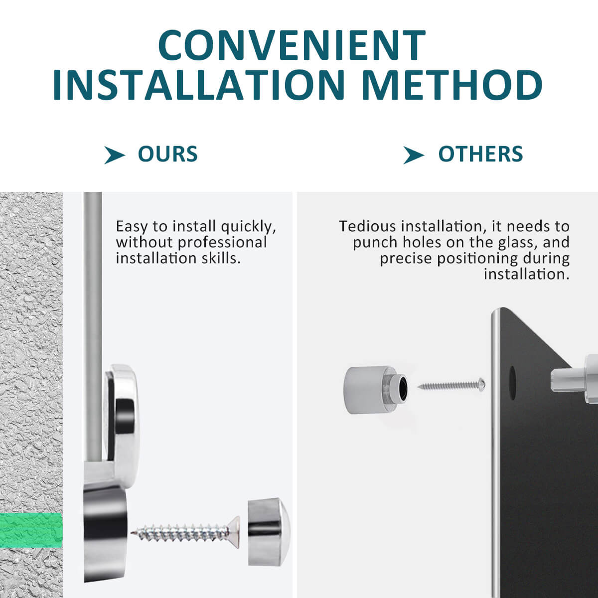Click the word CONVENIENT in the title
[292, 46]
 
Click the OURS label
[167, 154]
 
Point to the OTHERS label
[480, 154]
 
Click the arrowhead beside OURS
[114, 155]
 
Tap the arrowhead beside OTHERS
[413, 155]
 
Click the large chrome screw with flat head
[185, 533]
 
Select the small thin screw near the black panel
[451, 385]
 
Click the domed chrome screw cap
[269, 532]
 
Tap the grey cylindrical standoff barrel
[376, 390]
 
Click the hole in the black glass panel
[512, 383]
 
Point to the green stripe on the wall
[31, 531]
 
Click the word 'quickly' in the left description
[248, 227]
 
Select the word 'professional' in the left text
[222, 243]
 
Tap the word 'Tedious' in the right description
[367, 226]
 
